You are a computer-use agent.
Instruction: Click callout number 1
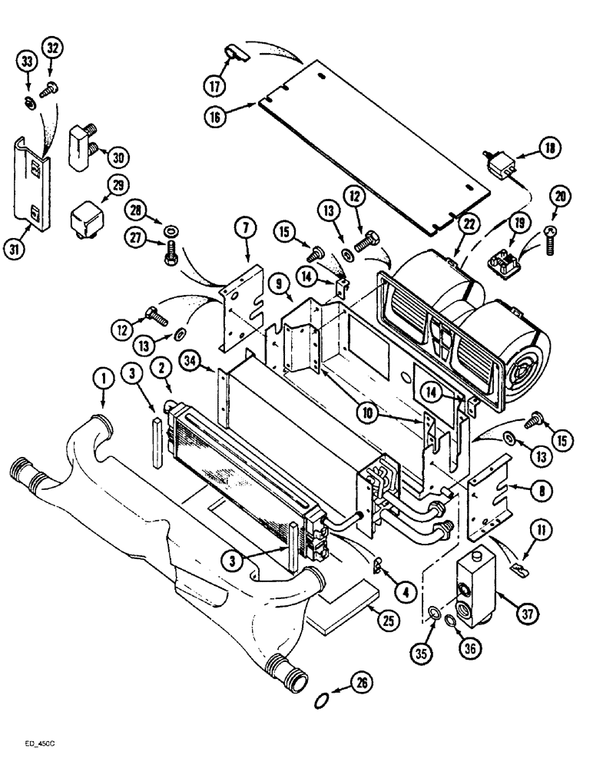(x=100, y=377)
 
